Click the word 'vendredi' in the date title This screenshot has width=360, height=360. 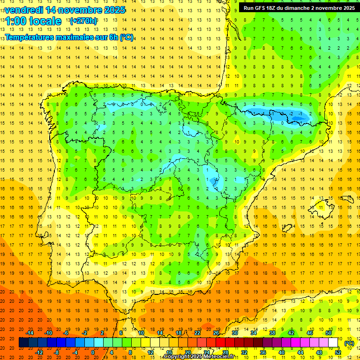point(24,10)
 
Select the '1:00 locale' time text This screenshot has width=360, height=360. point(34,21)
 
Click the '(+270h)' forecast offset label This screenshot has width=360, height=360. point(83,21)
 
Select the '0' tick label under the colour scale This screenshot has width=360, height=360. point(93,352)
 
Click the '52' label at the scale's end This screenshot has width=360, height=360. point(338,352)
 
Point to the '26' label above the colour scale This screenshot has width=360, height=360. point(216,333)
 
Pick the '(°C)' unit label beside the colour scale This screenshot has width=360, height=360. point(349,343)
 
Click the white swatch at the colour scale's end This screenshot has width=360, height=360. point(333,343)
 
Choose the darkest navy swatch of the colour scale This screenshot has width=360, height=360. point(23,343)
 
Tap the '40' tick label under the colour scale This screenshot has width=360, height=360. point(282,352)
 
